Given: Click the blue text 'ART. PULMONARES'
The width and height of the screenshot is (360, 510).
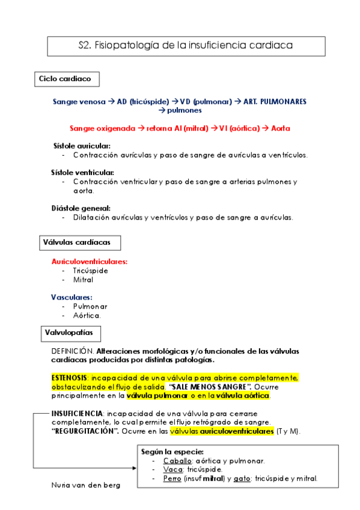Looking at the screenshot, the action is tap(275, 102).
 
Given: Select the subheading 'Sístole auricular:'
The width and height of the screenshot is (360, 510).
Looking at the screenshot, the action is tap(82, 146).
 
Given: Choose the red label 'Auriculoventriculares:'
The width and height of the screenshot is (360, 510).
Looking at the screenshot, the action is tap(90, 262).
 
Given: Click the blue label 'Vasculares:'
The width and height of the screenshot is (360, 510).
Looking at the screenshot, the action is tap(72, 297).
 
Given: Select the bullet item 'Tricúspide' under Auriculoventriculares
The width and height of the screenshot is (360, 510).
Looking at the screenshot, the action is tap(90, 271).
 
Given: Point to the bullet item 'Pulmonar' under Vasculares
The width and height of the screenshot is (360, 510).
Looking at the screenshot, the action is tap(90, 306).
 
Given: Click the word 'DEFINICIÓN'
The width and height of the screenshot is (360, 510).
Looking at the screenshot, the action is tap(72, 351).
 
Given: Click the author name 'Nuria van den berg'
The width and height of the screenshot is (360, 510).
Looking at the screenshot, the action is tap(86, 485).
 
